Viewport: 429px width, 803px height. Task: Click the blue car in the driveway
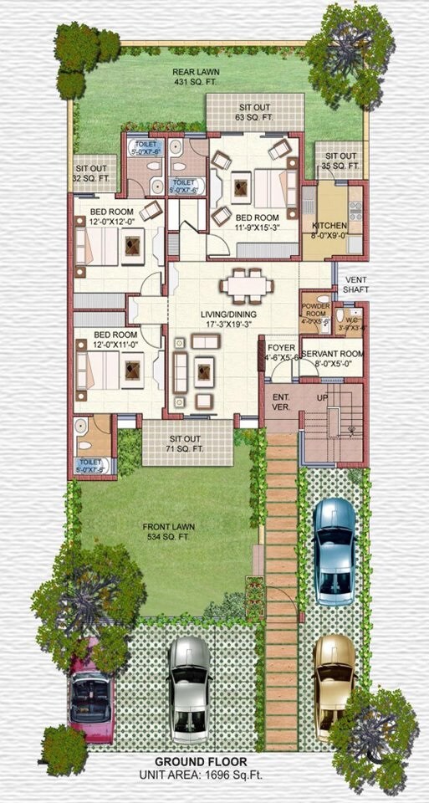335,550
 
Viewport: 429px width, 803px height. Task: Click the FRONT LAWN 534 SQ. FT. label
170,531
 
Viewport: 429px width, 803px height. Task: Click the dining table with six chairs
247,286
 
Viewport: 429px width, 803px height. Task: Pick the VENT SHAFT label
360,284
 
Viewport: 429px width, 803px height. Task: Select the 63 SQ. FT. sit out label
256,118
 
